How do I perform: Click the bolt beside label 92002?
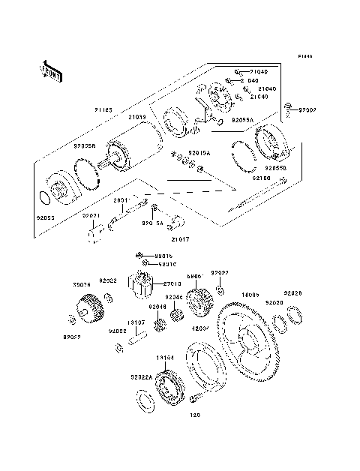289,113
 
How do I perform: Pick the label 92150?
261,179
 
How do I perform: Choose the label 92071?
91,215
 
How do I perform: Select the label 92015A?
199,152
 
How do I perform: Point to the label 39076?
82,285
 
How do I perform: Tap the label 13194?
166,358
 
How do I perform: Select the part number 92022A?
143,377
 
